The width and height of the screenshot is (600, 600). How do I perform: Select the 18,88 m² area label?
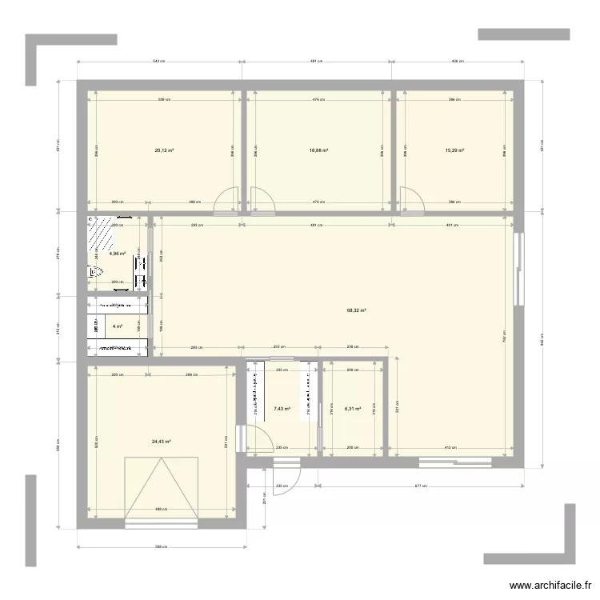click(x=319, y=150)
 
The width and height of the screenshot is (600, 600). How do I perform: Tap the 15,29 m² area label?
click(x=455, y=150)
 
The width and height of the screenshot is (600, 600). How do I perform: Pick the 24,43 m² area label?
click(x=162, y=441)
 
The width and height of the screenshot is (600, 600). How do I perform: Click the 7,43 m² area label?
click(x=282, y=409)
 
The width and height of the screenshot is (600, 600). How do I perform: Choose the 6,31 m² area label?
click(x=353, y=409)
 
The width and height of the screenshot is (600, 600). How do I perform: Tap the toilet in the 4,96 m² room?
click(x=96, y=273)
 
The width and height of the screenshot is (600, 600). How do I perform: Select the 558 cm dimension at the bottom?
click(x=159, y=547)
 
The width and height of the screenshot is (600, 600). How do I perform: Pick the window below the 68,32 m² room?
click(x=456, y=461)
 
